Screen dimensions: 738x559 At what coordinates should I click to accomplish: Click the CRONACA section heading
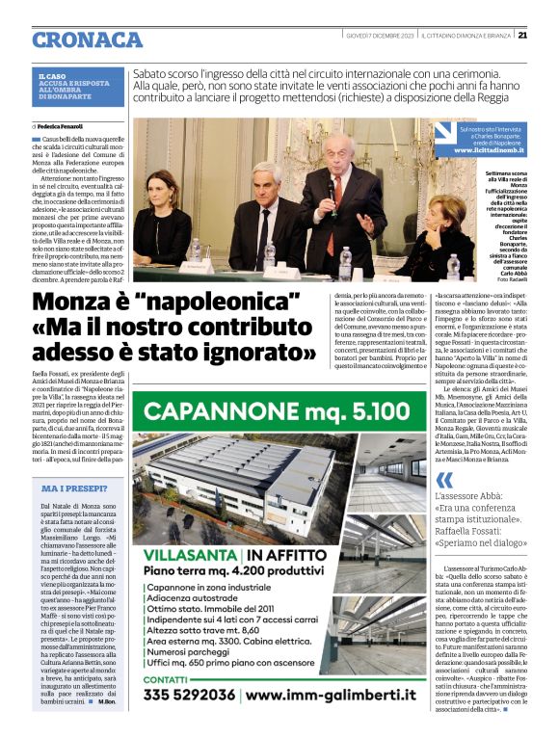(x=87, y=40)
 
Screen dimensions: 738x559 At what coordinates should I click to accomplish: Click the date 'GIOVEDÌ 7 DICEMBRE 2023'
(x=380, y=36)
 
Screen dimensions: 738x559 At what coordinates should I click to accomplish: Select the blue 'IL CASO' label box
(x=74, y=86)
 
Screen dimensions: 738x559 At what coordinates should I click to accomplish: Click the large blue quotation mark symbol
(x=444, y=482)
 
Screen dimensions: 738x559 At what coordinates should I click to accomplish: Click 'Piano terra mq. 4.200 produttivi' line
(x=236, y=571)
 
